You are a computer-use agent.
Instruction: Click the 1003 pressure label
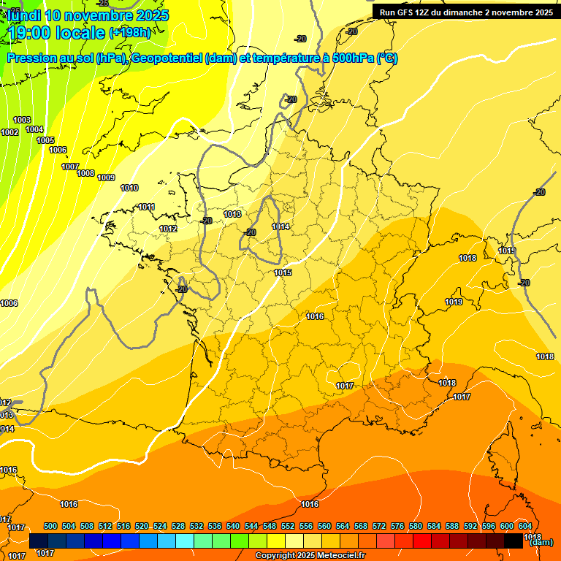point(22,120)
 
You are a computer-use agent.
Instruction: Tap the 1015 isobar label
point(283,272)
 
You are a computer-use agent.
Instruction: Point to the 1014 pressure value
point(280,227)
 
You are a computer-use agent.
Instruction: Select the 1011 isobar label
point(146,207)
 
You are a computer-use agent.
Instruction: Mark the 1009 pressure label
point(106,178)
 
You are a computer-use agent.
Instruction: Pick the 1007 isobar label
point(70,167)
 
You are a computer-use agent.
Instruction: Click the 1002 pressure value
point(9,132)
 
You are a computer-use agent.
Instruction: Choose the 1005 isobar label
point(45,140)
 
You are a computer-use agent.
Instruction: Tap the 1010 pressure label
point(129,188)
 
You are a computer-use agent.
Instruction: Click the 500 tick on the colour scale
point(50,526)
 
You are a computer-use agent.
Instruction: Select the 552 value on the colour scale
point(288,526)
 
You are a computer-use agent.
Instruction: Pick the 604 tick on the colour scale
point(525,526)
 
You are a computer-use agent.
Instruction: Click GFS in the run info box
point(409,12)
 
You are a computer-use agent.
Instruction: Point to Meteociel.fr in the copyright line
point(340,556)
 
